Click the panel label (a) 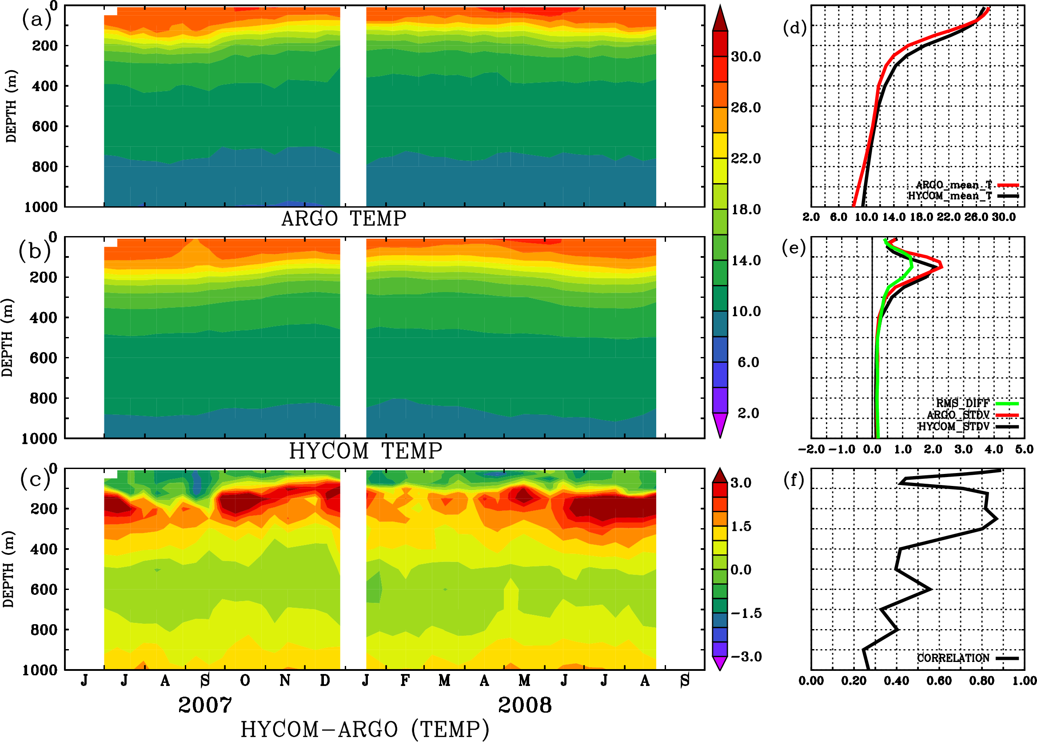pos(36,20)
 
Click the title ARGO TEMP pos(343,219)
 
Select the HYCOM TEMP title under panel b pos(365,451)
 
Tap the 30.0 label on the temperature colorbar pos(746,56)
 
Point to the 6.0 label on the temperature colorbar pos(748,362)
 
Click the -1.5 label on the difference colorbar pos(746,613)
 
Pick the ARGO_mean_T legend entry pos(954,185)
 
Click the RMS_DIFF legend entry pos(962,403)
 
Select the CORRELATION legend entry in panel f pos(953,658)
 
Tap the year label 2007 pos(205,705)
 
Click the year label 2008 pos(525,705)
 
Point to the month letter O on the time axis pos(245,681)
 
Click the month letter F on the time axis pos(405,681)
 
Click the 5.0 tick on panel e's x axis pos(1024,449)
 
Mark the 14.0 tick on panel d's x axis pos(893,217)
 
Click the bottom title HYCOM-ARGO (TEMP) pos(365,729)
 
